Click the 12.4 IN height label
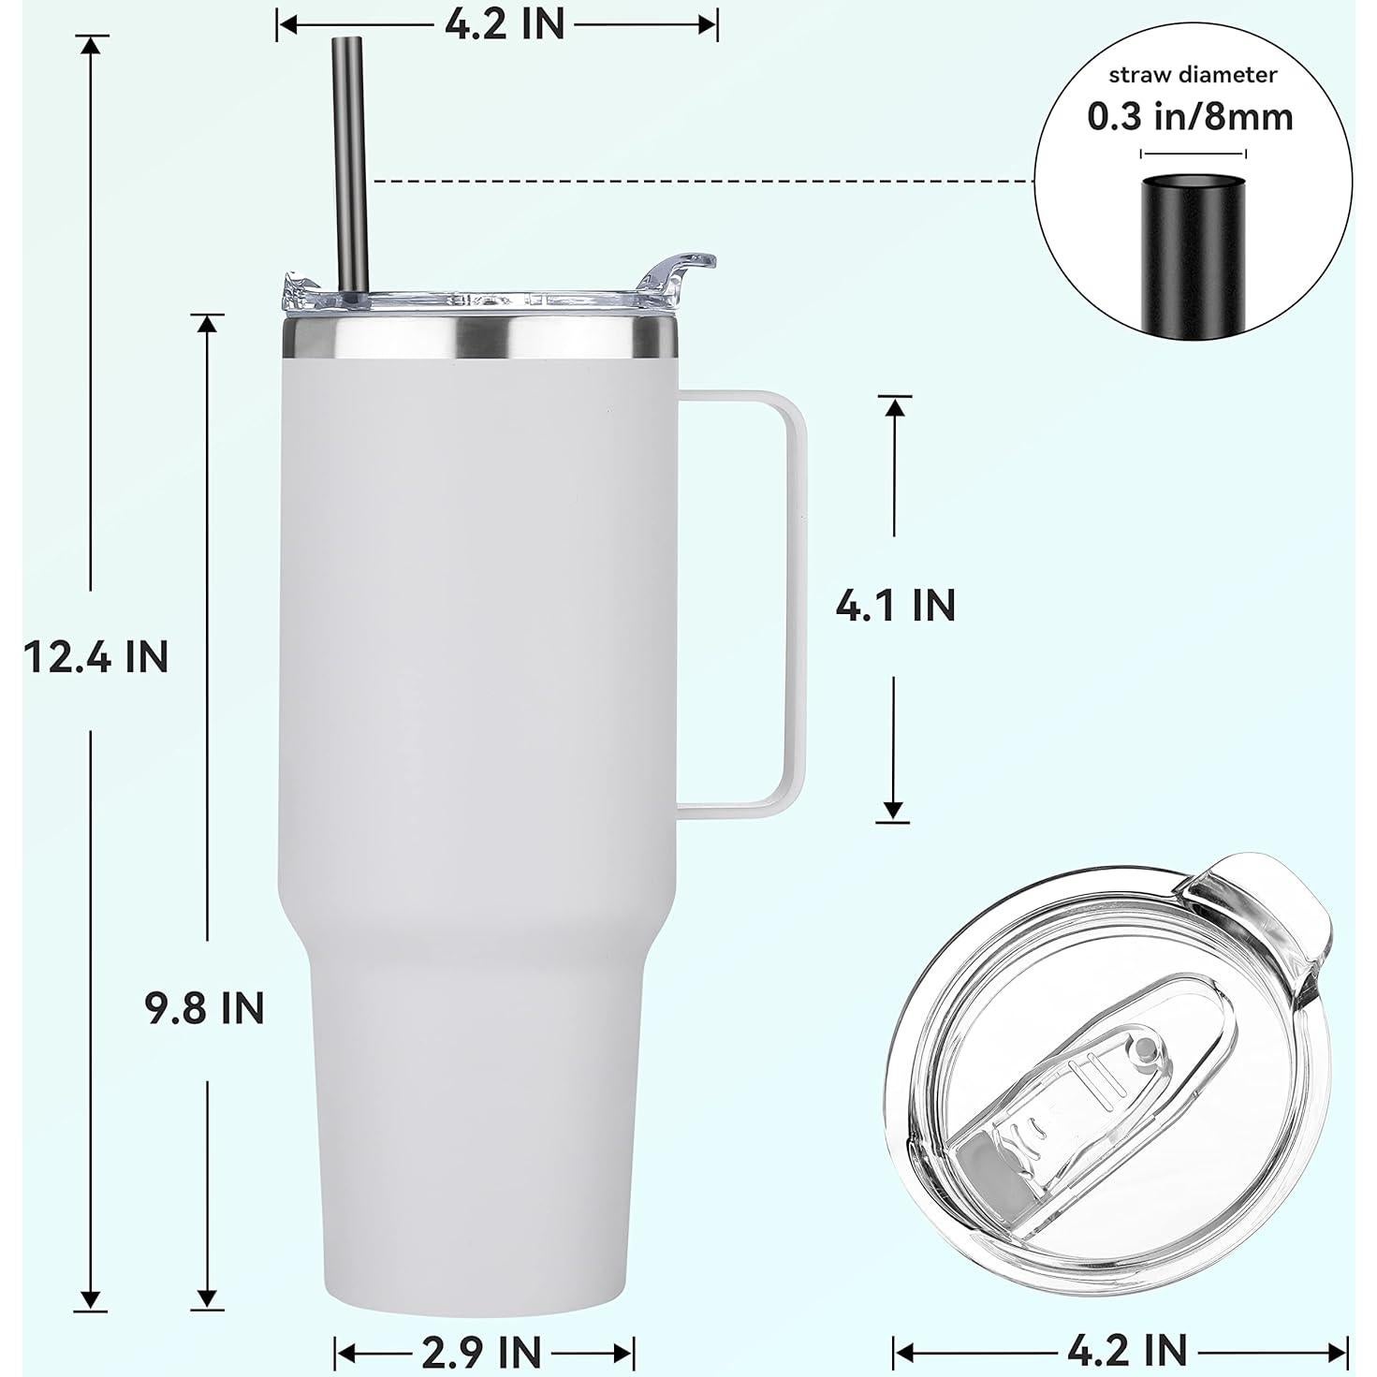[x=96, y=657]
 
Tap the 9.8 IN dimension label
[x=205, y=1008]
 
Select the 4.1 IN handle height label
[x=895, y=606]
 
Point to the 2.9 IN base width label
[x=483, y=1352]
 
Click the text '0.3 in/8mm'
[x=1190, y=116]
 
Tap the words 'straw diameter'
[x=1192, y=74]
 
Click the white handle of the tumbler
[x=786, y=599]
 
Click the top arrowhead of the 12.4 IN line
[x=91, y=45]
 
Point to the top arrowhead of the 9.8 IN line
[x=207, y=323]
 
